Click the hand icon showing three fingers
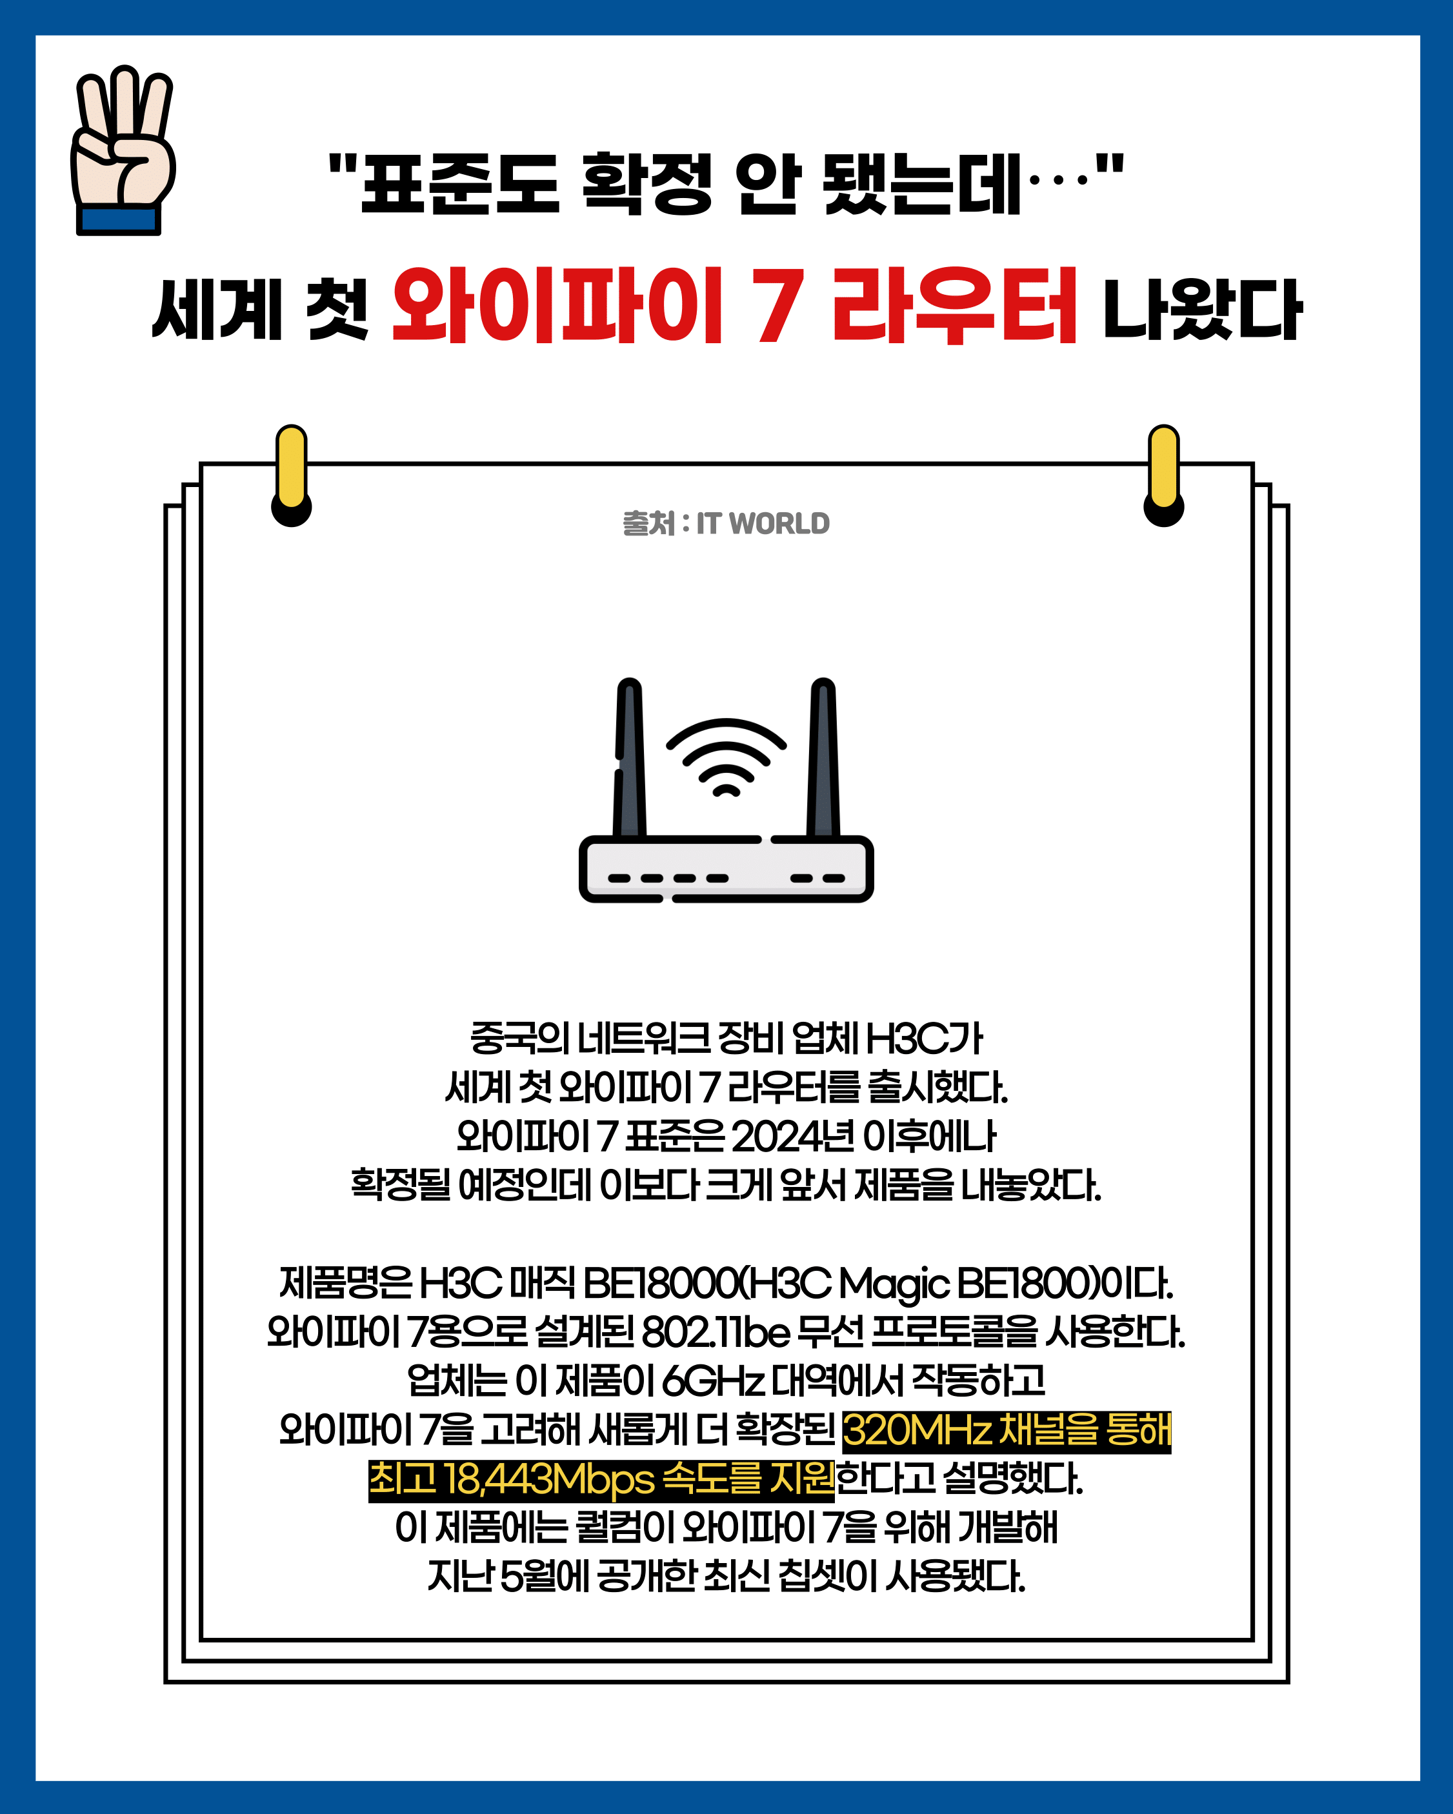[x=124, y=150]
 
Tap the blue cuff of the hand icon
[x=119, y=221]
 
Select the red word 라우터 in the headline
[x=954, y=305]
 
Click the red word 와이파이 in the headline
[x=557, y=305]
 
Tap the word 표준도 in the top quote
[x=459, y=183]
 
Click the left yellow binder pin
[x=291, y=475]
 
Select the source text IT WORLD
[x=762, y=523]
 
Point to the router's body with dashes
[x=726, y=868]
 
